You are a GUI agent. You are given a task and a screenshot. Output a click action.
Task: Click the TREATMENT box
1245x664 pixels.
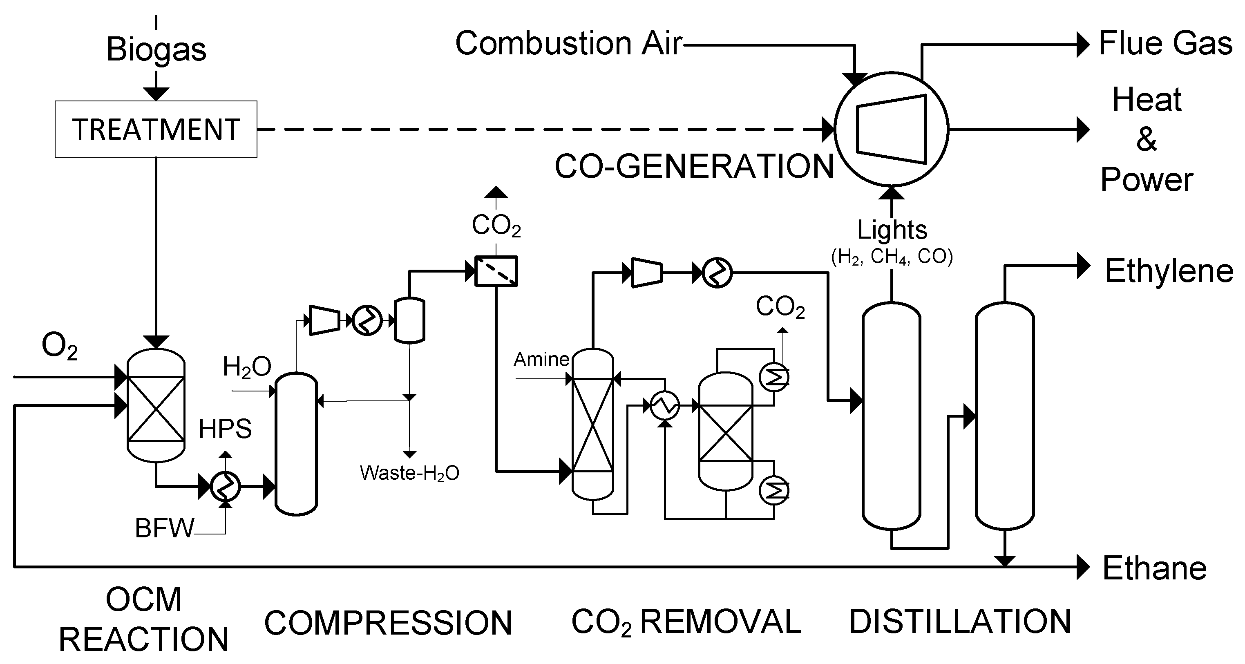click(156, 129)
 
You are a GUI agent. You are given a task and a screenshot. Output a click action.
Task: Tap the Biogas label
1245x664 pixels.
click(156, 49)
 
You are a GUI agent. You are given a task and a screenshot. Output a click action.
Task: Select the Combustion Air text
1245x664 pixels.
click(568, 43)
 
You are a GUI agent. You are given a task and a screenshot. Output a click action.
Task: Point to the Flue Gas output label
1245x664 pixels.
click(1165, 43)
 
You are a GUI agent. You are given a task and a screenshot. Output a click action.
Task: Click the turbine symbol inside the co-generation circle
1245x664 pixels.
click(892, 129)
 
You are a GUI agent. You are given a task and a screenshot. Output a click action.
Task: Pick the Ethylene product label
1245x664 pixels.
click(1169, 271)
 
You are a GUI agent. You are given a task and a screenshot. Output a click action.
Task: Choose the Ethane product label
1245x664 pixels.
click(1154, 568)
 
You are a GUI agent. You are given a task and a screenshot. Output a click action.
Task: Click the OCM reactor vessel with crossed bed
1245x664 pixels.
click(156, 405)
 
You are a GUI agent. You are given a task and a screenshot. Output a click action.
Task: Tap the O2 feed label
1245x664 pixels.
click(59, 347)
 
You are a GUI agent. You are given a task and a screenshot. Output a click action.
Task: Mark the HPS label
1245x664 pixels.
click(225, 429)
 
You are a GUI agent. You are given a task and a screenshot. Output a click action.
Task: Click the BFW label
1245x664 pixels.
click(164, 528)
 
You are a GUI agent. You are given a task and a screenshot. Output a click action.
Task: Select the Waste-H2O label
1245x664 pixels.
click(409, 473)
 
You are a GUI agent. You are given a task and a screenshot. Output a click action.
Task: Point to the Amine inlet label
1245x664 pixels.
click(541, 360)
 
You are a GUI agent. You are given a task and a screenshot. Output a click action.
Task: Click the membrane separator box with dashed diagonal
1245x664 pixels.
click(496, 271)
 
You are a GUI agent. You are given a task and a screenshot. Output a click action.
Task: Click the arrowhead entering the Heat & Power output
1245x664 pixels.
click(1083, 129)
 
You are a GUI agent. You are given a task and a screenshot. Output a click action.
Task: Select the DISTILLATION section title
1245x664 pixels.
click(960, 622)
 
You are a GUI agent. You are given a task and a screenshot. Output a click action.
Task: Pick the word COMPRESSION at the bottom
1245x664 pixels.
click(388, 623)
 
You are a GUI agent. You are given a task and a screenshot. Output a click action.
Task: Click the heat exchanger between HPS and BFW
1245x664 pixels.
click(225, 486)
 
